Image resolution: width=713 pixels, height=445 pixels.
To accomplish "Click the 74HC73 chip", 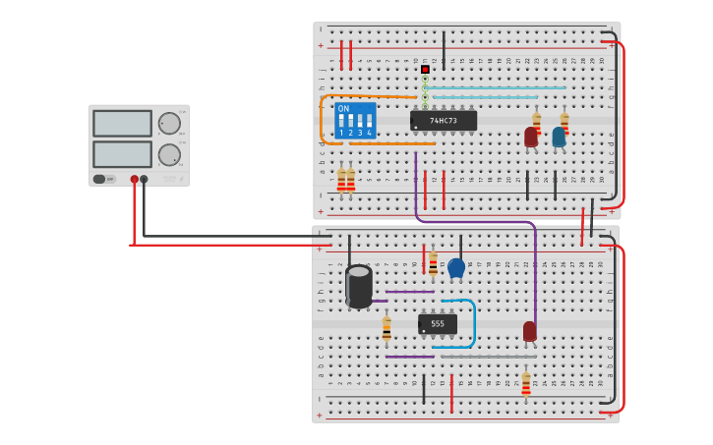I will (444, 121).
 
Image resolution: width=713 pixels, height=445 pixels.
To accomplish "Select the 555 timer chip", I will (438, 323).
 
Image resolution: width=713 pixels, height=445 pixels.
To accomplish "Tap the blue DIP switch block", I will (354, 121).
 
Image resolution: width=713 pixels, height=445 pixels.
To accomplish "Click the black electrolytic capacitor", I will (359, 286).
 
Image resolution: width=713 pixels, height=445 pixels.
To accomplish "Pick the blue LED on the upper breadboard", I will (559, 138).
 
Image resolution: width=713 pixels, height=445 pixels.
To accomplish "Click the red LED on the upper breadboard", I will (531, 138).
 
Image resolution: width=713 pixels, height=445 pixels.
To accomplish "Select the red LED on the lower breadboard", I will (530, 331).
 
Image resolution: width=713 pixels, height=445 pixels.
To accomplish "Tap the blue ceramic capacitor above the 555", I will (456, 267).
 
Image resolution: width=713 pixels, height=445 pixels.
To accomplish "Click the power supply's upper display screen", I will (123, 123).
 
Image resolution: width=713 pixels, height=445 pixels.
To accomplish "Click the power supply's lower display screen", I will (123, 154).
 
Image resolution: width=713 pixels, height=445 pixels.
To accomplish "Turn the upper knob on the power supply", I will (169, 123).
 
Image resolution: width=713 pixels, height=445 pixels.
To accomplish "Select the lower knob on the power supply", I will (169, 154).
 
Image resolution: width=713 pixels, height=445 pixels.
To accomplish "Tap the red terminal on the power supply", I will (135, 180).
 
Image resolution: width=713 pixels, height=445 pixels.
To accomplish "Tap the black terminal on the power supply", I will (145, 180).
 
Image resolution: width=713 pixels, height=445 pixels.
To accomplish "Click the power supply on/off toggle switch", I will (99, 179).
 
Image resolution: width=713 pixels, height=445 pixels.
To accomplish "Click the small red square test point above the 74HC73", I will (425, 69).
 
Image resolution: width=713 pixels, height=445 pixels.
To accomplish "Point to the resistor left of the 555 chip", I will (386, 329).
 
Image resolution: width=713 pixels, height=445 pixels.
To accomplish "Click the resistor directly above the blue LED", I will (564, 122).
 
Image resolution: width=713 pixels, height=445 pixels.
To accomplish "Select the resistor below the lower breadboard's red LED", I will (526, 383).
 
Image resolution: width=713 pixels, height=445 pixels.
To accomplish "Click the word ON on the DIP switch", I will (343, 109).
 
